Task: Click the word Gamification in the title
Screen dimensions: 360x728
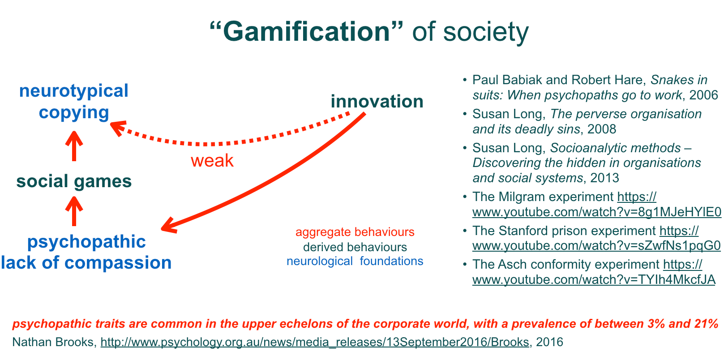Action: [x=307, y=32]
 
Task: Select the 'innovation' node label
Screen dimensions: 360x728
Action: [x=377, y=102]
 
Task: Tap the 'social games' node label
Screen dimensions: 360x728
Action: [x=74, y=181]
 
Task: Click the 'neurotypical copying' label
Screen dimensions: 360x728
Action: [x=74, y=102]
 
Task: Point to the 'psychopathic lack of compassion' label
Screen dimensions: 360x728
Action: [x=86, y=252]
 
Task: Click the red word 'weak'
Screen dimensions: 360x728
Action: [x=212, y=161]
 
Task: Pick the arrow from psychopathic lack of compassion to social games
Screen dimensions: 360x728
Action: [x=74, y=211]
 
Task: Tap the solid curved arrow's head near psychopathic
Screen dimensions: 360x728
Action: [x=168, y=226]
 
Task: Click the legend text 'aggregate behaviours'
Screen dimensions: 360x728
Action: [x=355, y=232]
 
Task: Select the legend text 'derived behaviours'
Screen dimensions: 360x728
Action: [x=355, y=247]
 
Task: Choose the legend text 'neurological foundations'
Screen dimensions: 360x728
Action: [x=355, y=261]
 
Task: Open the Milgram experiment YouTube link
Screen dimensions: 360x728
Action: [x=597, y=212]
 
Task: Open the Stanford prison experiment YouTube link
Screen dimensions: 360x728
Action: [x=596, y=246]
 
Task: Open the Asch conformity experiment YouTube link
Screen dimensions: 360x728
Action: [x=594, y=280]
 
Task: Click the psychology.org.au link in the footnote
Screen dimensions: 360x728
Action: [x=314, y=343]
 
